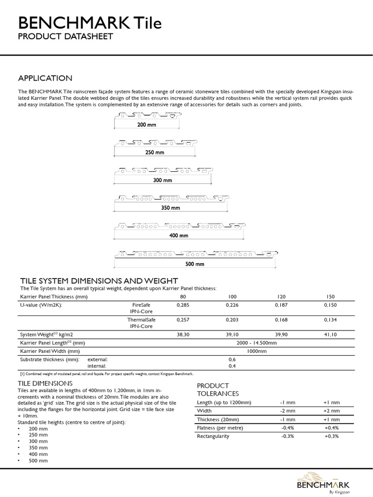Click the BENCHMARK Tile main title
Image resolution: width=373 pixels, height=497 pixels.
90,23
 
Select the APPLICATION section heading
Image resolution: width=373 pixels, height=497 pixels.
45,78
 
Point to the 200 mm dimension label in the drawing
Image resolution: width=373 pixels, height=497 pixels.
145,125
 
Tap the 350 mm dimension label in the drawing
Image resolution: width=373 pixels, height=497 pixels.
170,208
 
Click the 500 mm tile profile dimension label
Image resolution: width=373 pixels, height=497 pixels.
195,264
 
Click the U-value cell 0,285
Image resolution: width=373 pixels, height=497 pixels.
183,305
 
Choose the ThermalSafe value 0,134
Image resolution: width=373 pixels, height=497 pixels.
330,320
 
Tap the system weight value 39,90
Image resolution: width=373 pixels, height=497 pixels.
281,334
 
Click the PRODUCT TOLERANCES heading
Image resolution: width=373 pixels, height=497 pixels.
216,389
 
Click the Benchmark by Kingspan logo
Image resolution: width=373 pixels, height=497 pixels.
323,482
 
